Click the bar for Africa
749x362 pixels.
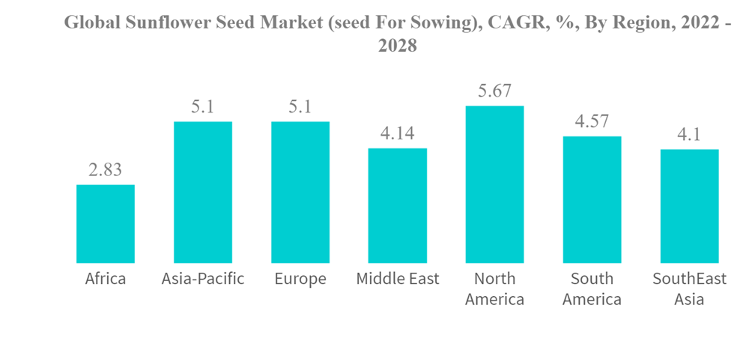106,223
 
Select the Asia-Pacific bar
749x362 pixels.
203,192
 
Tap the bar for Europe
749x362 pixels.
300,192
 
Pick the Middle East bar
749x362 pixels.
398,205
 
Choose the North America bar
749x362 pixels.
495,184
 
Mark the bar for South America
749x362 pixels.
592,199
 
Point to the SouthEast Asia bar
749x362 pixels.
689,206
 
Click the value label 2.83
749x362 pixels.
106,170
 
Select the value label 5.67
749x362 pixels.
495,91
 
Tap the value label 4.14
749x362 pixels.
398,134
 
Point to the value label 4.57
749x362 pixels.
592,122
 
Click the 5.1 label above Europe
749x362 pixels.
300,107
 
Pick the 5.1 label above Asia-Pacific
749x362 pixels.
203,107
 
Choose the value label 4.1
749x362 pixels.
689,136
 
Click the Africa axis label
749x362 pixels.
106,280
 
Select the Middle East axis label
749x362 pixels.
398,280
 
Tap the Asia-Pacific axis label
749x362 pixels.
203,280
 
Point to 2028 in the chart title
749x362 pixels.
397,46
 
